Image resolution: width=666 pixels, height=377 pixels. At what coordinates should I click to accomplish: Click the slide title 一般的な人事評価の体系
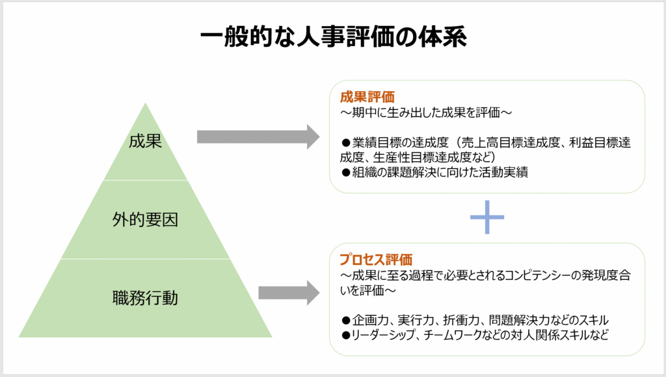pyautogui.click(x=334, y=36)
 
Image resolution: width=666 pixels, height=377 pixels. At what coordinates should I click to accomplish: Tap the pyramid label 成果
pyautogui.click(x=145, y=141)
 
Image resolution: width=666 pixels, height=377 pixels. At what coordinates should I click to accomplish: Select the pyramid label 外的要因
pyautogui.click(x=145, y=219)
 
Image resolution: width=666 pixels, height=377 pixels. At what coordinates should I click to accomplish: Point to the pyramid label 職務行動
pyautogui.click(x=145, y=298)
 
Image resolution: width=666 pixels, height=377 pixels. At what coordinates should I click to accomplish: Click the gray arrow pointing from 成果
pyautogui.click(x=258, y=137)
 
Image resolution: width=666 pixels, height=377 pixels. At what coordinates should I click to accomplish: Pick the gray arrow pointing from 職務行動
pyautogui.click(x=289, y=293)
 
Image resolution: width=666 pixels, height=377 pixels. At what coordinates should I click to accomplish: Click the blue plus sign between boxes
pyautogui.click(x=486, y=217)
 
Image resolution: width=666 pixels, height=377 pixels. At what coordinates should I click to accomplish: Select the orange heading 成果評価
pyautogui.click(x=367, y=97)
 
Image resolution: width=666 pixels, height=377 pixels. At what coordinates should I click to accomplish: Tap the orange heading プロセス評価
pyautogui.click(x=376, y=259)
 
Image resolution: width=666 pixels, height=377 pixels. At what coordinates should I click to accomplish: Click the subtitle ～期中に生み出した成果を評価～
pyautogui.click(x=426, y=113)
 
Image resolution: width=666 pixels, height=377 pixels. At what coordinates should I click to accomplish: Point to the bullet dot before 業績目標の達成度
pyautogui.click(x=346, y=143)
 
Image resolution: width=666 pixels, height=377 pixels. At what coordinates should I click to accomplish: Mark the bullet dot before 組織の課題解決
pyautogui.click(x=346, y=173)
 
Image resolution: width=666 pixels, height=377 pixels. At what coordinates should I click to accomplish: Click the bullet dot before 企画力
pyautogui.click(x=346, y=320)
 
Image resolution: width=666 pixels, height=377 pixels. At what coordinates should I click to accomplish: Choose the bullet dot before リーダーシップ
pyautogui.click(x=346, y=335)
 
